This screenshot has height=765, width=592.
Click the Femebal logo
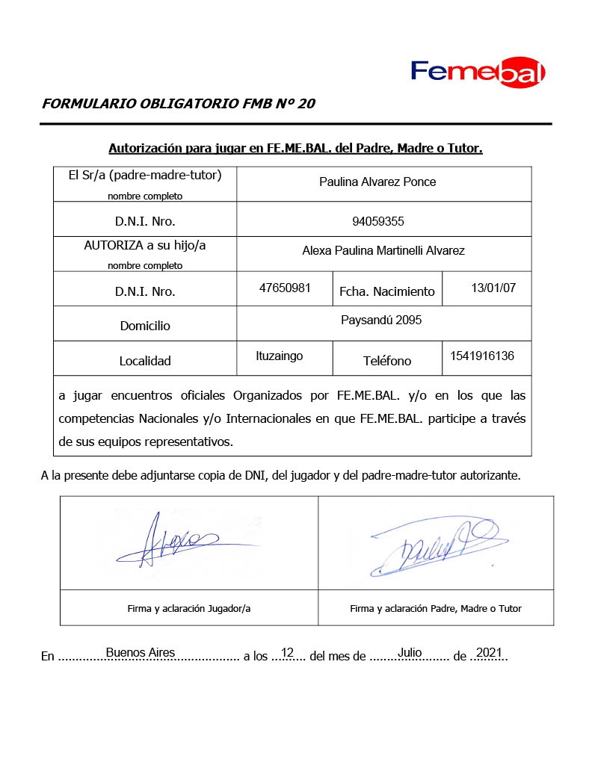pyautogui.click(x=478, y=72)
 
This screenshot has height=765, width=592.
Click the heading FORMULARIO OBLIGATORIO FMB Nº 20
pyautogui.click(x=178, y=104)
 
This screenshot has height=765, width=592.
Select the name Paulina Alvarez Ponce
pyautogui.click(x=377, y=182)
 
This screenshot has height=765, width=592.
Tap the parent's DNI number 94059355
pyautogui.click(x=377, y=222)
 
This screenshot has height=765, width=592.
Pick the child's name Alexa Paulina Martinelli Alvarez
pyautogui.click(x=383, y=251)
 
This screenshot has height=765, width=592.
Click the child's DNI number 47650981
pyautogui.click(x=284, y=287)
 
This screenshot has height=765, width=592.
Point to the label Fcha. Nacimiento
pyautogui.click(x=386, y=291)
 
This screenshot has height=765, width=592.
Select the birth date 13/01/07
pyautogui.click(x=494, y=287)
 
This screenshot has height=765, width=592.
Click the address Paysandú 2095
pyautogui.click(x=381, y=320)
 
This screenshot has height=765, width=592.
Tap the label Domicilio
pyautogui.click(x=145, y=326)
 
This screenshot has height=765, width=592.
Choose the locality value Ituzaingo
pyautogui.click(x=280, y=356)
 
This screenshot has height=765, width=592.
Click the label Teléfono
pyautogui.click(x=387, y=361)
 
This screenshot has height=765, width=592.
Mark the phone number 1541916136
pyautogui.click(x=482, y=356)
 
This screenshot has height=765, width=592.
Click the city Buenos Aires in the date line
pyautogui.click(x=141, y=652)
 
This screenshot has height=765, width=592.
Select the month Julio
pyautogui.click(x=410, y=652)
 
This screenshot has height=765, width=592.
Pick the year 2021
pyautogui.click(x=488, y=652)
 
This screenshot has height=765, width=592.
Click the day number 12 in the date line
pyautogui.click(x=288, y=652)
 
